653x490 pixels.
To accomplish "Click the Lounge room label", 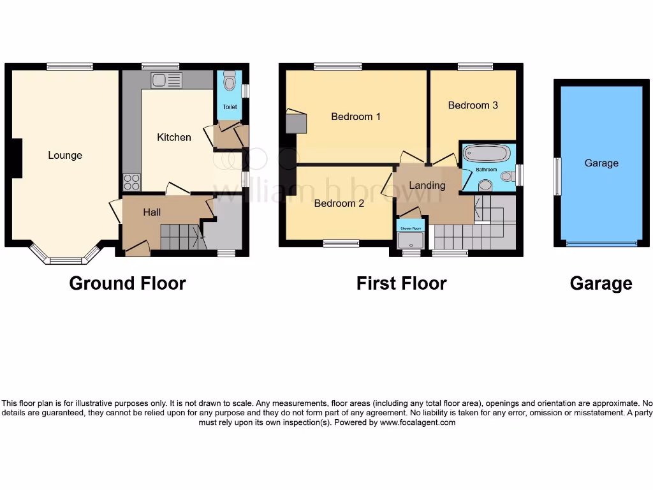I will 65,155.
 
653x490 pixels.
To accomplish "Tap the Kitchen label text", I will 173,137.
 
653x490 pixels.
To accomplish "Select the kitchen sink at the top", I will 166,80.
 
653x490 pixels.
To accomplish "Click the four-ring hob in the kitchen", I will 131,182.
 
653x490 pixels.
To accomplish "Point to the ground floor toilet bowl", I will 230,82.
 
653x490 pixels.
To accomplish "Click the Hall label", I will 152,212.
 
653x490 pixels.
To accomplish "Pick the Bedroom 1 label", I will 355,116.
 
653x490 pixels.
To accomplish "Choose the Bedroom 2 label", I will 339,204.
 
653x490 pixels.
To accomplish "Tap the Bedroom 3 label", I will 473,105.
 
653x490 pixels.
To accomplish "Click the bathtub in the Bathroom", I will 486,154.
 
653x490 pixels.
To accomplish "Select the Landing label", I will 427,186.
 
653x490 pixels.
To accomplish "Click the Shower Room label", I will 410,228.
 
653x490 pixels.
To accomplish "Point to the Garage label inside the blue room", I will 601,163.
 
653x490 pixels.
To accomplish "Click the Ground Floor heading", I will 128,283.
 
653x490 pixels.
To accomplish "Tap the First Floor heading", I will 401,283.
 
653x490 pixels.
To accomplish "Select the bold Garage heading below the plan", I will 601,283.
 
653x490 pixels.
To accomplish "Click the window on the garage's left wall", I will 557,177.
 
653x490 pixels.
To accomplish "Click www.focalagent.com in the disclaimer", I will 418,422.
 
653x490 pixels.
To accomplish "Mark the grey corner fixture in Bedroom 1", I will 295,122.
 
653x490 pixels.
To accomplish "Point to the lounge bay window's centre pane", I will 66,260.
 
